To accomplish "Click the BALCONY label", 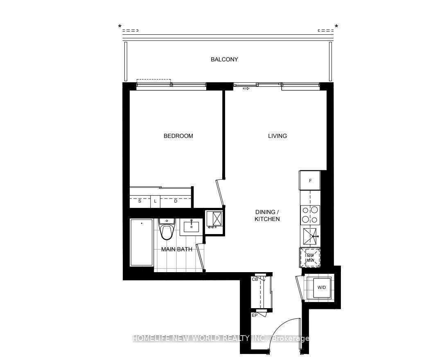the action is tap(224, 59).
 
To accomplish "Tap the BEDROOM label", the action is tap(178, 136).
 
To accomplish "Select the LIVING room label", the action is tap(277, 136).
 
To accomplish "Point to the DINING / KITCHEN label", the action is tap(267, 215).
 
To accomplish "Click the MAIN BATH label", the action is tap(177, 249).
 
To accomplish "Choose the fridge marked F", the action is tap(310, 180).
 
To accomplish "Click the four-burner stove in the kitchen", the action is tap(310, 215).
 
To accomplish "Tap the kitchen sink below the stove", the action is tap(310, 236).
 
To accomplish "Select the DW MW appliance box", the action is tap(310, 257).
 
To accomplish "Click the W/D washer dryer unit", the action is tap(321, 287).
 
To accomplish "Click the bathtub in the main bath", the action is tap(142, 242).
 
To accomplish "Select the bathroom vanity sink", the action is tap(192, 226).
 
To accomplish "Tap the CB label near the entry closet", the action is tap(255, 279).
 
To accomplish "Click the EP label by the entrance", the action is tap(255, 315).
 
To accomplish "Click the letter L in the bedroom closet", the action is tap(155, 201).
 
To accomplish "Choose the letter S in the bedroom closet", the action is tap(140, 201).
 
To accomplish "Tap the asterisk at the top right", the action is tap(336, 27).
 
